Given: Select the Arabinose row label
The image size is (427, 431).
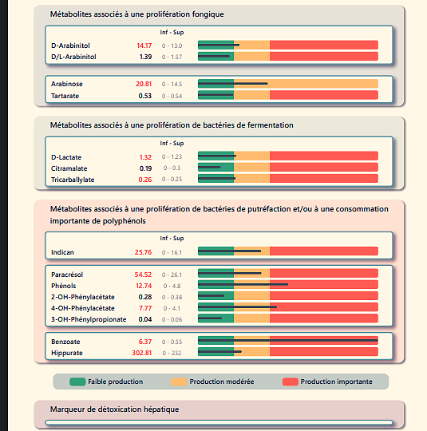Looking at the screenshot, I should click(67, 84).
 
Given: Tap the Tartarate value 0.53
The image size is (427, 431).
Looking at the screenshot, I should click(145, 96).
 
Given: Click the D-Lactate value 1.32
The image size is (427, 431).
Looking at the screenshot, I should click(145, 157).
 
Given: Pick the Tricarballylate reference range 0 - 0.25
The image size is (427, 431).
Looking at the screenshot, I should click(171, 180).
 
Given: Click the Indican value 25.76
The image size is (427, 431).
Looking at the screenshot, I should click(144, 252).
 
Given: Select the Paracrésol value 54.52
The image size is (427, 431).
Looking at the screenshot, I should click(144, 274).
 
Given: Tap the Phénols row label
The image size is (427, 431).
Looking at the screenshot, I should click(63, 285).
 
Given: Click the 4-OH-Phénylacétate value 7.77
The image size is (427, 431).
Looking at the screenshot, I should click(145, 307).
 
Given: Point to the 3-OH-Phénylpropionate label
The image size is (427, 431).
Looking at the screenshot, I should click(89, 319).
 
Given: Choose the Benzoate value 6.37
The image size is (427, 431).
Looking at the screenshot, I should click(145, 342).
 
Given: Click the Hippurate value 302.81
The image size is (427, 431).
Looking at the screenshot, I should click(142, 353).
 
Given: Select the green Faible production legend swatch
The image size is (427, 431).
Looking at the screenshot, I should click(77, 382).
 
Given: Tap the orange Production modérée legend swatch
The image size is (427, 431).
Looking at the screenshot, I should click(180, 382).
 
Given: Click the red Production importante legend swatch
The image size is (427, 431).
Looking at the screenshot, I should click(291, 382).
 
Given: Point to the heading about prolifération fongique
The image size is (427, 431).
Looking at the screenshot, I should click(136, 14).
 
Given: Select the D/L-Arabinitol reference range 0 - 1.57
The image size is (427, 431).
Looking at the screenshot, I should click(171, 57).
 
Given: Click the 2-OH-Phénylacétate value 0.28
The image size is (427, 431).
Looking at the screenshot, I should click(145, 296).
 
